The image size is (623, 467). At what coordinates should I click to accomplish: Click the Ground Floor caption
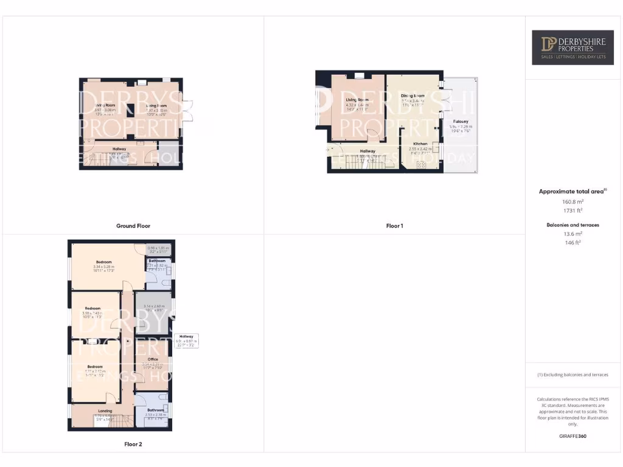[133, 226]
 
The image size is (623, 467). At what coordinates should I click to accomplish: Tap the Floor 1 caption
[394, 226]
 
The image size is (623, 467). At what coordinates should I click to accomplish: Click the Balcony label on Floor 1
[460, 122]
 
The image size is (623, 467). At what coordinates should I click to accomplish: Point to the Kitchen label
[419, 144]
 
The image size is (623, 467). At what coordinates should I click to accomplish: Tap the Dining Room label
[412, 96]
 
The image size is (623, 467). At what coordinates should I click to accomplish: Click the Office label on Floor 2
[153, 359]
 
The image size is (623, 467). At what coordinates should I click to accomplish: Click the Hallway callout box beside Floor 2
[186, 341]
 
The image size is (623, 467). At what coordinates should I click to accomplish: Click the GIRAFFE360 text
[573, 436]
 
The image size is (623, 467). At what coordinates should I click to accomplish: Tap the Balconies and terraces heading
[573, 225]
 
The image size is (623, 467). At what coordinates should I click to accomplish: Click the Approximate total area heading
[573, 192]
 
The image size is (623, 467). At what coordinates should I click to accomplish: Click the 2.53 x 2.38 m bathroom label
[155, 416]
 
